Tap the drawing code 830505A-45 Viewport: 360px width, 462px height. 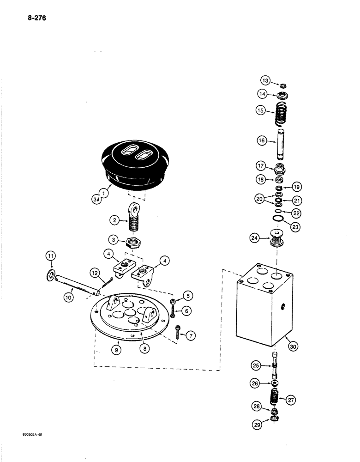click(35, 435)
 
